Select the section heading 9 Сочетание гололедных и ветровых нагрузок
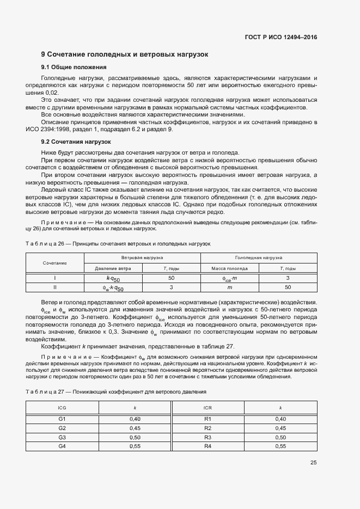[x=124, y=54]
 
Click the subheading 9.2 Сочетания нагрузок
[x=76, y=142]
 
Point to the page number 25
[x=313, y=463]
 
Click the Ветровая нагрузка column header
[x=142, y=257]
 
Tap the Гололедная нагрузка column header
[x=259, y=257]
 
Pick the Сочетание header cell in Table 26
[x=54, y=262]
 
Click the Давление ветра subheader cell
[x=113, y=268]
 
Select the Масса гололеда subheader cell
[x=230, y=268]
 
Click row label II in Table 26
[x=54, y=287]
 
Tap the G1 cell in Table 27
[x=62, y=419]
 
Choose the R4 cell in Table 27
[x=208, y=446]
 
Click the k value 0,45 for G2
[x=135, y=428]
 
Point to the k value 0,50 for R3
[x=280, y=437]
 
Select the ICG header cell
[x=62, y=407]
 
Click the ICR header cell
[x=208, y=407]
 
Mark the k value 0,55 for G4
[x=135, y=446]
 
